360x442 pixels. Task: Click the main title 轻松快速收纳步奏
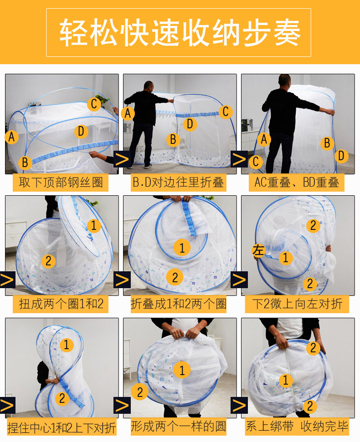tap(180, 32)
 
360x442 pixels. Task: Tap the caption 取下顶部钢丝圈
tap(61, 183)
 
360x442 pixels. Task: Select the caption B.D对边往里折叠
tap(178, 183)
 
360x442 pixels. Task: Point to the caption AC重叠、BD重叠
tap(297, 183)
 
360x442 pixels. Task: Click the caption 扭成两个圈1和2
tap(61, 304)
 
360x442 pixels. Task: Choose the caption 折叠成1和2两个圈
tap(179, 304)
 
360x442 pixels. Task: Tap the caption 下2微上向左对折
tap(298, 304)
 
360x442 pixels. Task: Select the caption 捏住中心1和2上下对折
tap(62, 428)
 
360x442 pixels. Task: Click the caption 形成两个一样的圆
tap(179, 426)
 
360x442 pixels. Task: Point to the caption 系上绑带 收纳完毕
tap(297, 426)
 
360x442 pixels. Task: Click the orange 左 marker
tap(258, 250)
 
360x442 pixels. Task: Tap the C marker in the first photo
tap(94, 104)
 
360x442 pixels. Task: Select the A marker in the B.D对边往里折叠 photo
tap(128, 113)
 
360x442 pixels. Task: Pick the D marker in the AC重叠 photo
tap(341, 156)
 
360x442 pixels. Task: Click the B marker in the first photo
tap(25, 163)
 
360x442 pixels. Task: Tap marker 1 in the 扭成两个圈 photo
tap(94, 226)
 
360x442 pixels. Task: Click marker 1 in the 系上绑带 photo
tap(286, 380)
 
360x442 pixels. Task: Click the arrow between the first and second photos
tap(122, 159)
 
